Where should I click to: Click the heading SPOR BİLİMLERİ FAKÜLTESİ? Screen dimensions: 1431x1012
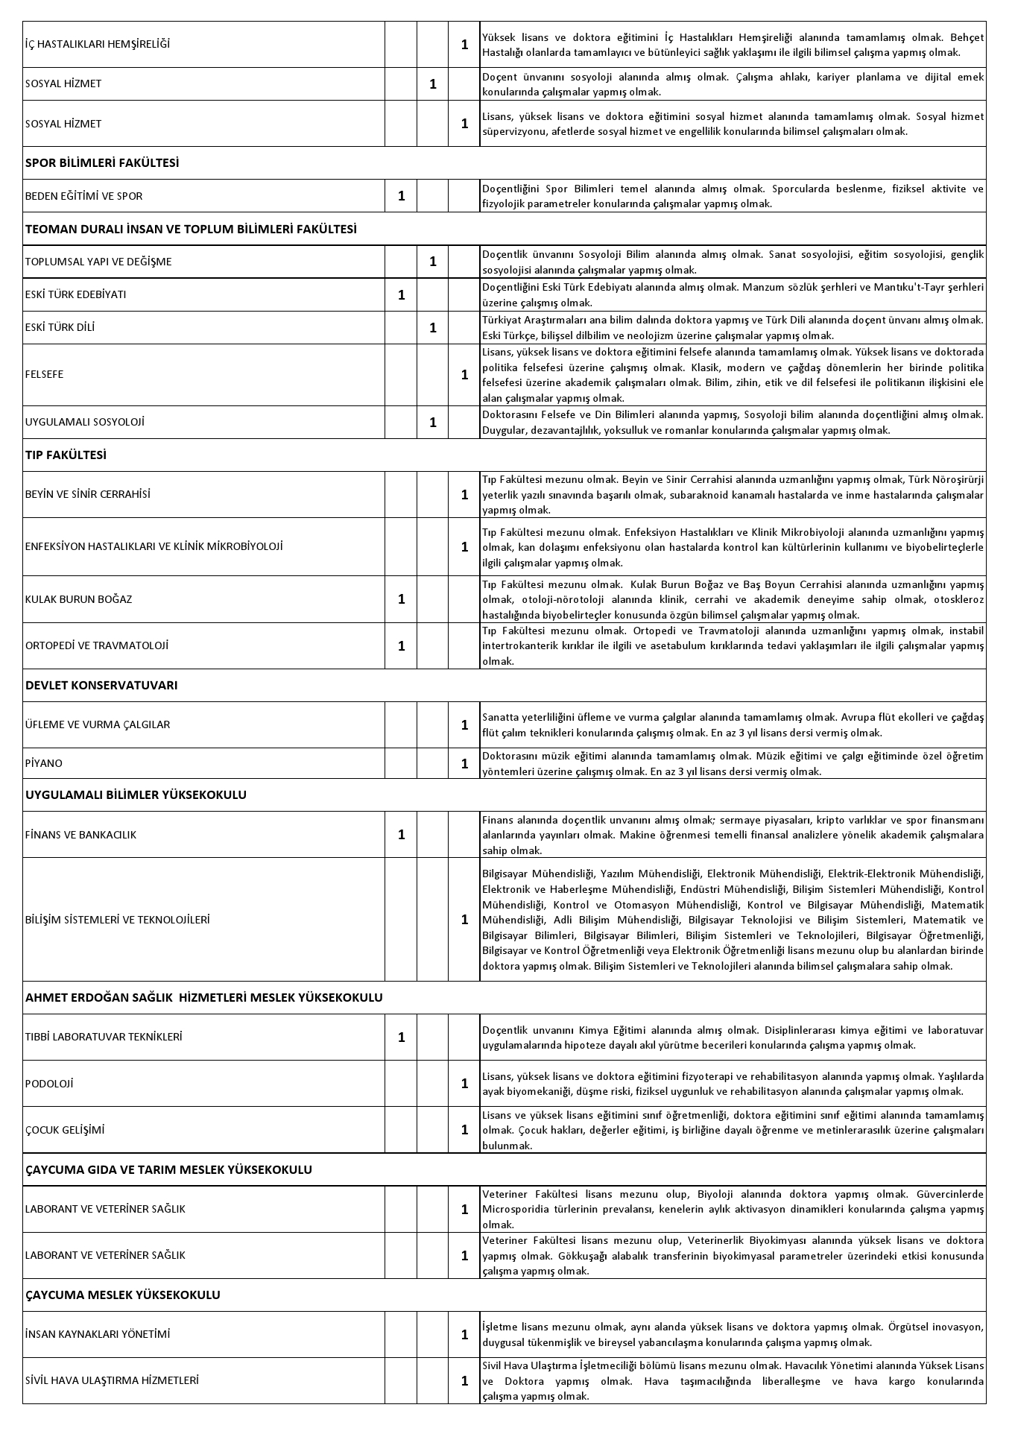pyautogui.click(x=102, y=163)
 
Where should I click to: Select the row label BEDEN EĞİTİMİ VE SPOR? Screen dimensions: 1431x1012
pyautogui.click(x=83, y=196)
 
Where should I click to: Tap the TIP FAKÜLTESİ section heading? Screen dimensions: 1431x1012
pyautogui.click(x=66, y=455)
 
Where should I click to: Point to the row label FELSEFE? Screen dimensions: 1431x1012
pyautogui.click(x=44, y=374)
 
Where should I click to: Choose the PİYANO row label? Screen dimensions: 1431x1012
pyautogui.click(x=43, y=763)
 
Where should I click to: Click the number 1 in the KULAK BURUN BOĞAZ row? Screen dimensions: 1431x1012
pyautogui.click(x=402, y=599)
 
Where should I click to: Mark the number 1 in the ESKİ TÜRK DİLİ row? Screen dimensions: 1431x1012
pyautogui.click(x=433, y=327)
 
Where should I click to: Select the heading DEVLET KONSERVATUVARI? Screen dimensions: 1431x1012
pyautogui.click(x=101, y=685)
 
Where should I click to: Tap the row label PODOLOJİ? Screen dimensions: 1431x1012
pyautogui.click(x=49, y=1084)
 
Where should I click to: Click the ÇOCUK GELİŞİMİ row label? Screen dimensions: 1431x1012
pyautogui.click(x=65, y=1130)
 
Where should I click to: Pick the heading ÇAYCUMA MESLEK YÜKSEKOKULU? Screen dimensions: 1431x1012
pyautogui.click(x=123, y=1295)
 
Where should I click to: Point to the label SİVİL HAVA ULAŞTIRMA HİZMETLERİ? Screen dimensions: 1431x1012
pyautogui.click(x=112, y=1380)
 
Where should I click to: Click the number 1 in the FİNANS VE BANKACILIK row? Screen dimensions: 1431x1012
pyautogui.click(x=402, y=835)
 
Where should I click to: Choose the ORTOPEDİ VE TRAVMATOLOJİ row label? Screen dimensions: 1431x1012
pyautogui.click(x=97, y=645)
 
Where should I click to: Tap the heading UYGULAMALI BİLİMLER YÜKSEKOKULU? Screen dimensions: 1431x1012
pyautogui.click(x=136, y=795)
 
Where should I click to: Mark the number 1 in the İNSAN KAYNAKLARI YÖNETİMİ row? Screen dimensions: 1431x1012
pyautogui.click(x=464, y=1334)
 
